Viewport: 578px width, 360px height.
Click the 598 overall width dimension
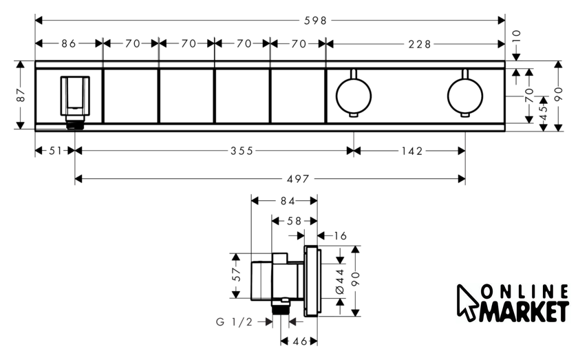pyautogui.click(x=315, y=21)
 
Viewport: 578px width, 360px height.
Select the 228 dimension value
pyautogui.click(x=420, y=44)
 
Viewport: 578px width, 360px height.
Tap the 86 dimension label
pyautogui.click(x=69, y=44)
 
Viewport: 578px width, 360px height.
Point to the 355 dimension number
pyautogui.click(x=242, y=151)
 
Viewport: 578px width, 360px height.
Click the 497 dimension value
pyautogui.click(x=298, y=179)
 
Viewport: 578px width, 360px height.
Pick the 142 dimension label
pyautogui.click(x=412, y=151)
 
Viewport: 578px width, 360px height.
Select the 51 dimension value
pyautogui.click(x=55, y=151)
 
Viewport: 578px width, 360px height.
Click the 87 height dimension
pyautogui.click(x=21, y=95)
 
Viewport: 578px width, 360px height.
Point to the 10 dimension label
pyautogui.click(x=517, y=36)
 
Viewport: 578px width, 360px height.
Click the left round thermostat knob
pyautogui.click(x=354, y=96)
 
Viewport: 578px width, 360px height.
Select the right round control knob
pyautogui.click(x=465, y=96)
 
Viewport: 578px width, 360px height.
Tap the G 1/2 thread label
pyautogui.click(x=234, y=322)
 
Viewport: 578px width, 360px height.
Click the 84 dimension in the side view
pyautogui.click(x=288, y=201)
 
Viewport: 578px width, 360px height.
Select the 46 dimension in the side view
pyautogui.click(x=300, y=341)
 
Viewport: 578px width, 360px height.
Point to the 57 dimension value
pyautogui.click(x=237, y=275)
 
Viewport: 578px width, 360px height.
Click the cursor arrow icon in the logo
pyautogui.click(x=467, y=301)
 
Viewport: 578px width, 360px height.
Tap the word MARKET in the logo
pyautogui.click(x=524, y=311)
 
